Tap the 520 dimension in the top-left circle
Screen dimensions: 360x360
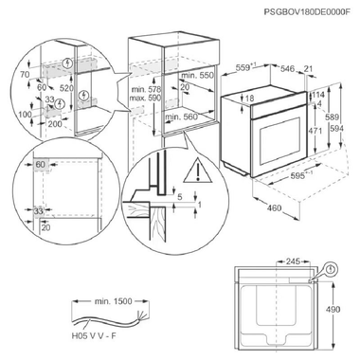coord(91,86)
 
